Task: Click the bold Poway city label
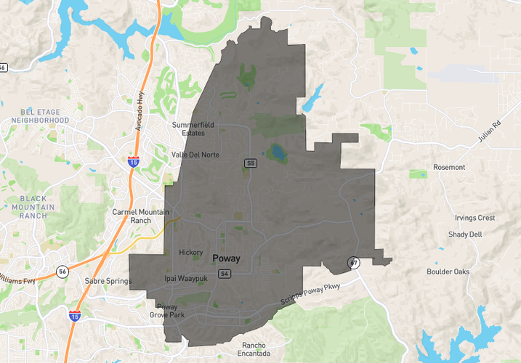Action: click(x=226, y=258)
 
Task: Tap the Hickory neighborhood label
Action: click(x=190, y=253)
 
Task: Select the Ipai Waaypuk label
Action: click(x=185, y=278)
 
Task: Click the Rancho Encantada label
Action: click(x=254, y=349)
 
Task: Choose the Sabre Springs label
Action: click(x=108, y=281)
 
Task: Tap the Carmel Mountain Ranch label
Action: click(x=141, y=216)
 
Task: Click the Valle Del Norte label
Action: click(x=195, y=155)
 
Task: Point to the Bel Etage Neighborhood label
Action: click(x=45, y=115)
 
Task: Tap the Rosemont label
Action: click(x=449, y=167)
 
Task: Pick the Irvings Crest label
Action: click(x=474, y=218)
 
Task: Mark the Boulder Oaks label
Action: click(x=448, y=272)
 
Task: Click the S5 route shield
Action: click(x=251, y=163)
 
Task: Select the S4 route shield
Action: click(x=225, y=274)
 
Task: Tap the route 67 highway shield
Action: click(x=354, y=263)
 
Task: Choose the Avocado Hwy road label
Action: click(x=142, y=113)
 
